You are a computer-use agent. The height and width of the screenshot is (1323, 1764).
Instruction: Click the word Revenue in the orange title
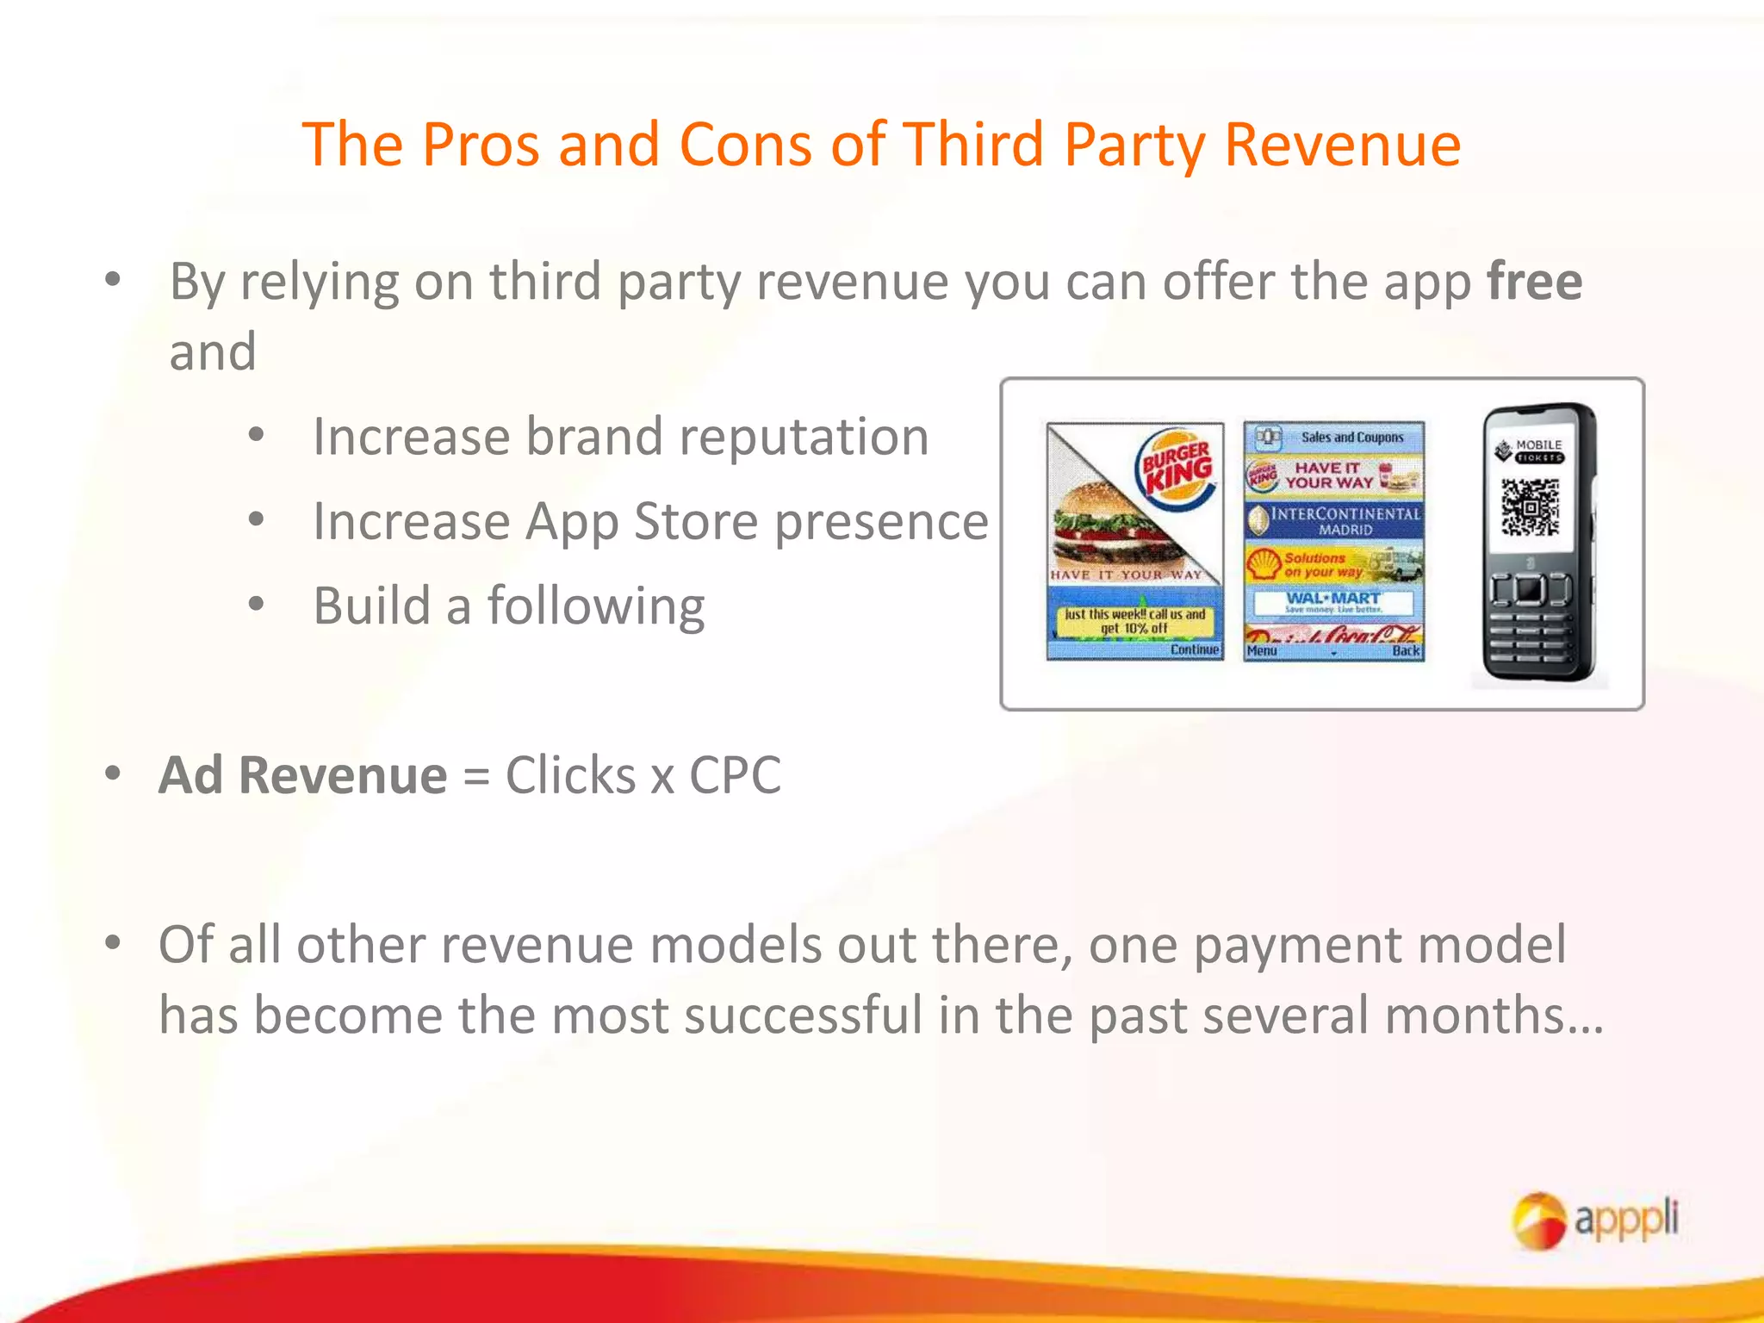coord(1342,144)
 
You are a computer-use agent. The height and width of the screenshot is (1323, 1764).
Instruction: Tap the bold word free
coord(1534,282)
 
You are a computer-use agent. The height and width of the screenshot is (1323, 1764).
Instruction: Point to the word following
coord(596,606)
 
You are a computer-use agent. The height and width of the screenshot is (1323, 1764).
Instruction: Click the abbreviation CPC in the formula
coord(735,775)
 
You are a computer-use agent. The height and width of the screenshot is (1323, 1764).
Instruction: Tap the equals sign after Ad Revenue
coord(475,775)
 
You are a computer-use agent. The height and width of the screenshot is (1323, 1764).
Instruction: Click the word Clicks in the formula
coord(570,775)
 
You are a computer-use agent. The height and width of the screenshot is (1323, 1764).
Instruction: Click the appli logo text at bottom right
coord(1626,1219)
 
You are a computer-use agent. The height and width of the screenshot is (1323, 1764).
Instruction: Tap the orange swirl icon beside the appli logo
coord(1539,1220)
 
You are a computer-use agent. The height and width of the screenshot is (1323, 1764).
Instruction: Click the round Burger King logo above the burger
coord(1177,469)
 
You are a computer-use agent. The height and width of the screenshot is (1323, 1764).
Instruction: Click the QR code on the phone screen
coord(1531,507)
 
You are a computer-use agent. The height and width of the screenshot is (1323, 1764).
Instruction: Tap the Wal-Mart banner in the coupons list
coord(1332,601)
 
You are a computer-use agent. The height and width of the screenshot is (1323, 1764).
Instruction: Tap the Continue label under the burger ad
coord(1195,649)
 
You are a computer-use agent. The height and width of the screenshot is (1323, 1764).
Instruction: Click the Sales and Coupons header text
coord(1351,438)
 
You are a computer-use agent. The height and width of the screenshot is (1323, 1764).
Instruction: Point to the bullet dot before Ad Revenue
coord(113,773)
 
